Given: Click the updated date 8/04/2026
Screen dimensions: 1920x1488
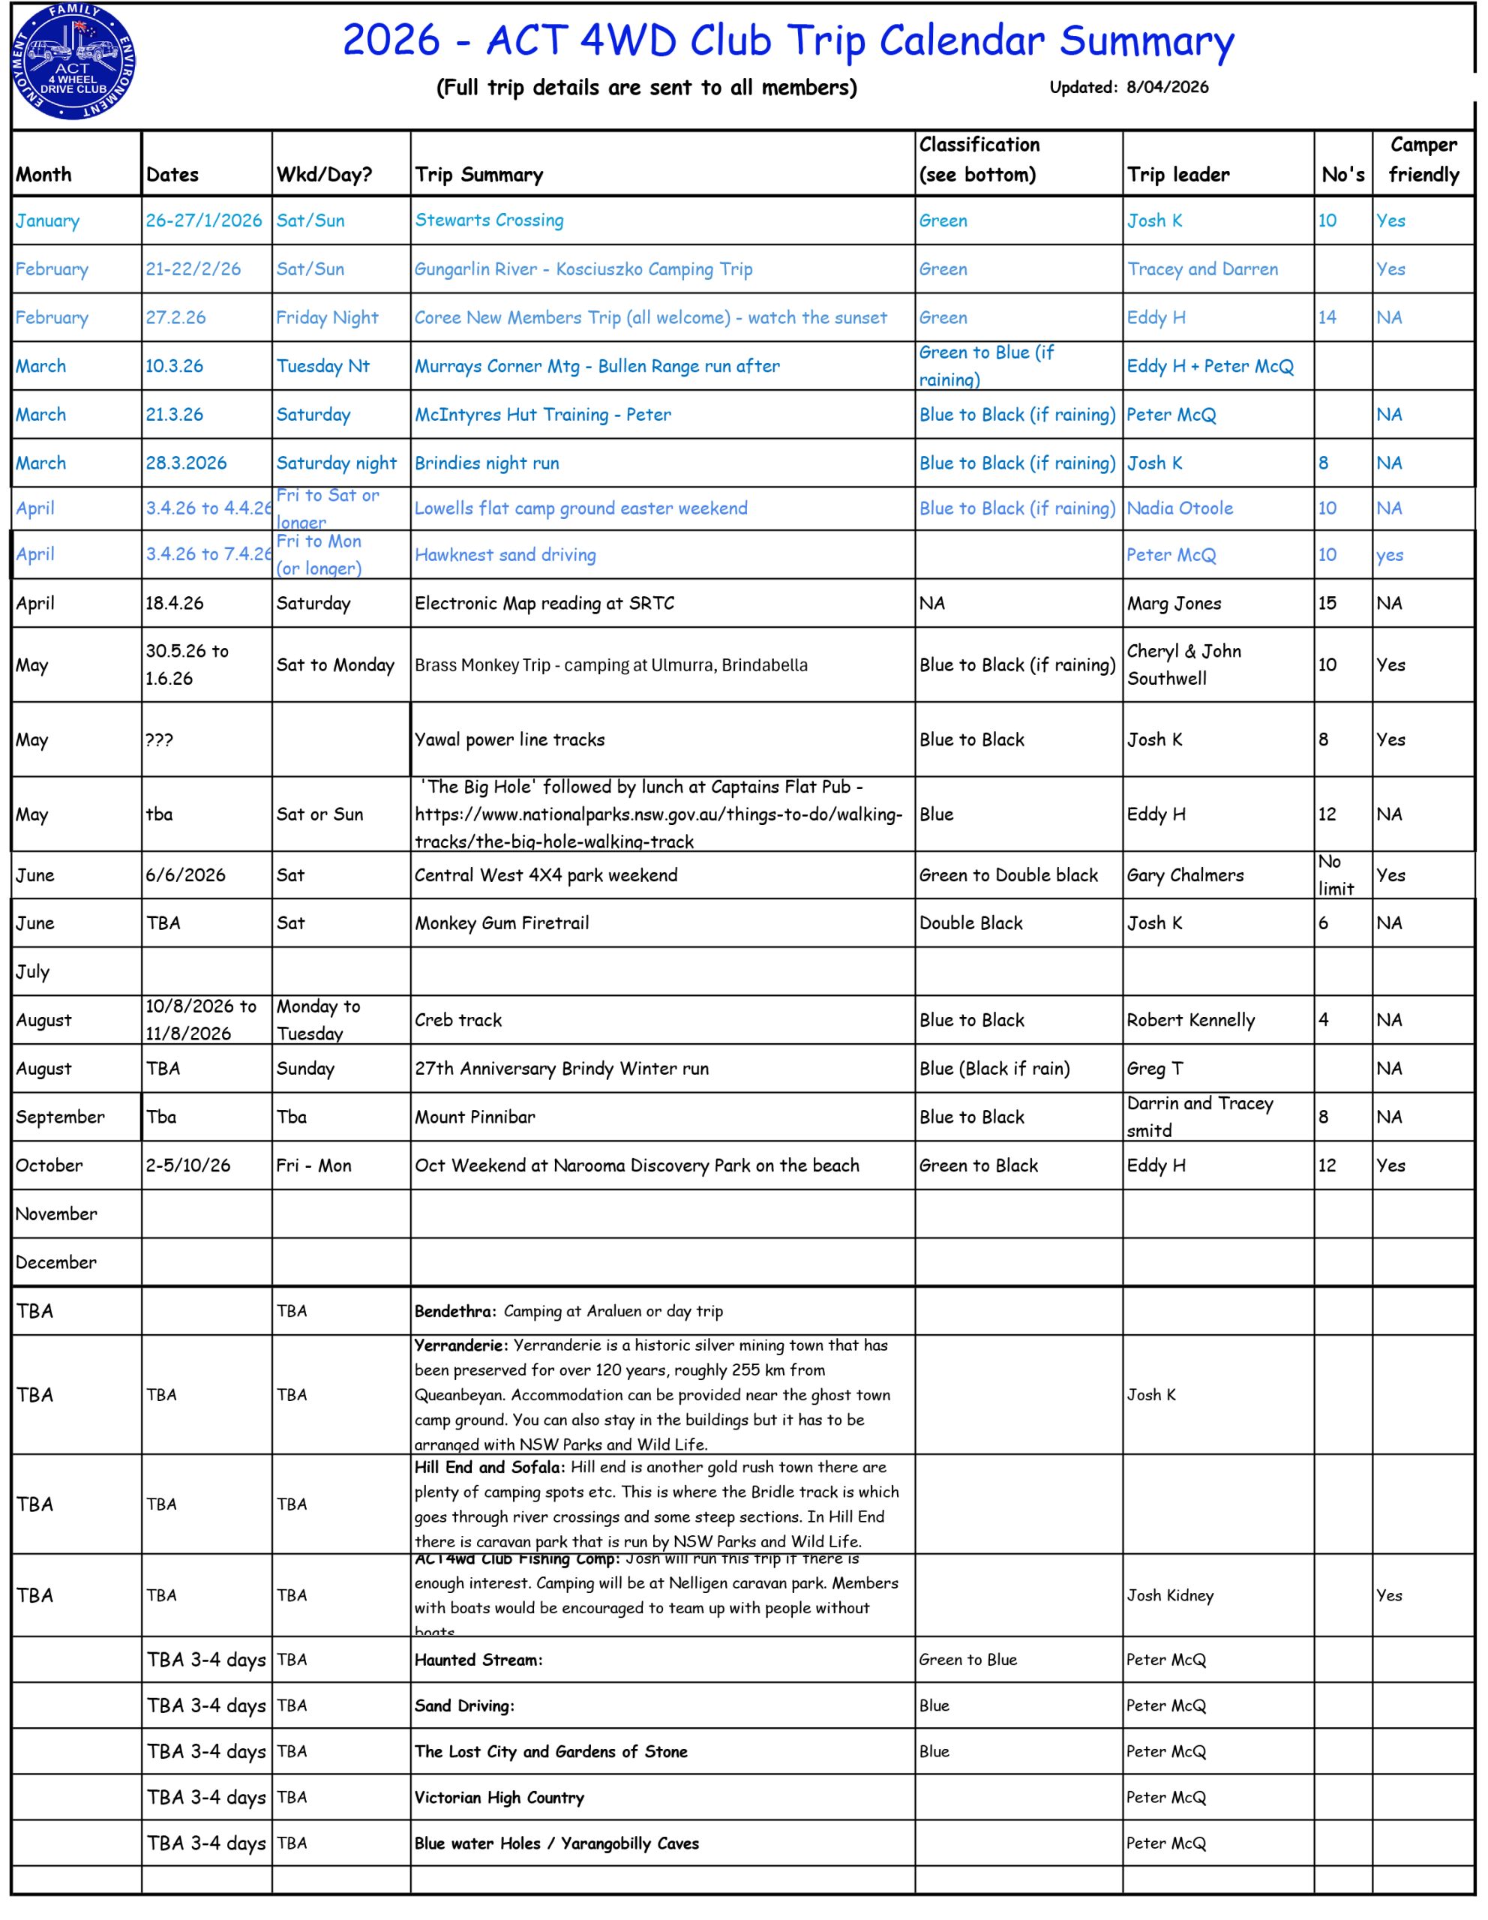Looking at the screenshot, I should [1166, 87].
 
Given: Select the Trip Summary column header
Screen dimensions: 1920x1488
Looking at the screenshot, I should [479, 174].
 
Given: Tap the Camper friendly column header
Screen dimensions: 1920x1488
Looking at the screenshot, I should [1423, 160].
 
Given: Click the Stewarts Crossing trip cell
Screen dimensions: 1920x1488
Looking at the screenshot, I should [490, 220].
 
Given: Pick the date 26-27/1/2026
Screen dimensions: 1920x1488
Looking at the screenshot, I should [204, 220].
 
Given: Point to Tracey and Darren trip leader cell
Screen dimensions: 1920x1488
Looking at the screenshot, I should [1202, 269].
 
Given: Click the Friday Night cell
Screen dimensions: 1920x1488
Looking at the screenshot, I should [327, 317].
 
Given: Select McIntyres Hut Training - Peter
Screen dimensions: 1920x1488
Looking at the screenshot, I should [543, 415].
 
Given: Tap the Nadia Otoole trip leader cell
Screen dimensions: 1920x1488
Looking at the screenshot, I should [1180, 508].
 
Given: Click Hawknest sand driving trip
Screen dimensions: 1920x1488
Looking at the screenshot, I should [505, 555].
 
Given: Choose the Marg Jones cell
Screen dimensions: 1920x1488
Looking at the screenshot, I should [1174, 603].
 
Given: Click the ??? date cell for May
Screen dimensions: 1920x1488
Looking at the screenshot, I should [159, 740].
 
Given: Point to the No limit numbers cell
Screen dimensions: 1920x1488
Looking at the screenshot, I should [1336, 874].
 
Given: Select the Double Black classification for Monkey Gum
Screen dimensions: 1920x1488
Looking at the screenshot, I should [971, 923].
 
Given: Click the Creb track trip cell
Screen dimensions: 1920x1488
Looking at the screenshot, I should [458, 1020].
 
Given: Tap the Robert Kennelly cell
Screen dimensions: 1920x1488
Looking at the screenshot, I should [1191, 1020].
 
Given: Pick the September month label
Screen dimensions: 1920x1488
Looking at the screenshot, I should [60, 1117].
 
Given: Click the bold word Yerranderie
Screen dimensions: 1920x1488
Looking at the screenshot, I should [460, 1345].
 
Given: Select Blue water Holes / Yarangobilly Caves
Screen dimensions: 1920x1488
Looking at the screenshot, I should [556, 1843].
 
